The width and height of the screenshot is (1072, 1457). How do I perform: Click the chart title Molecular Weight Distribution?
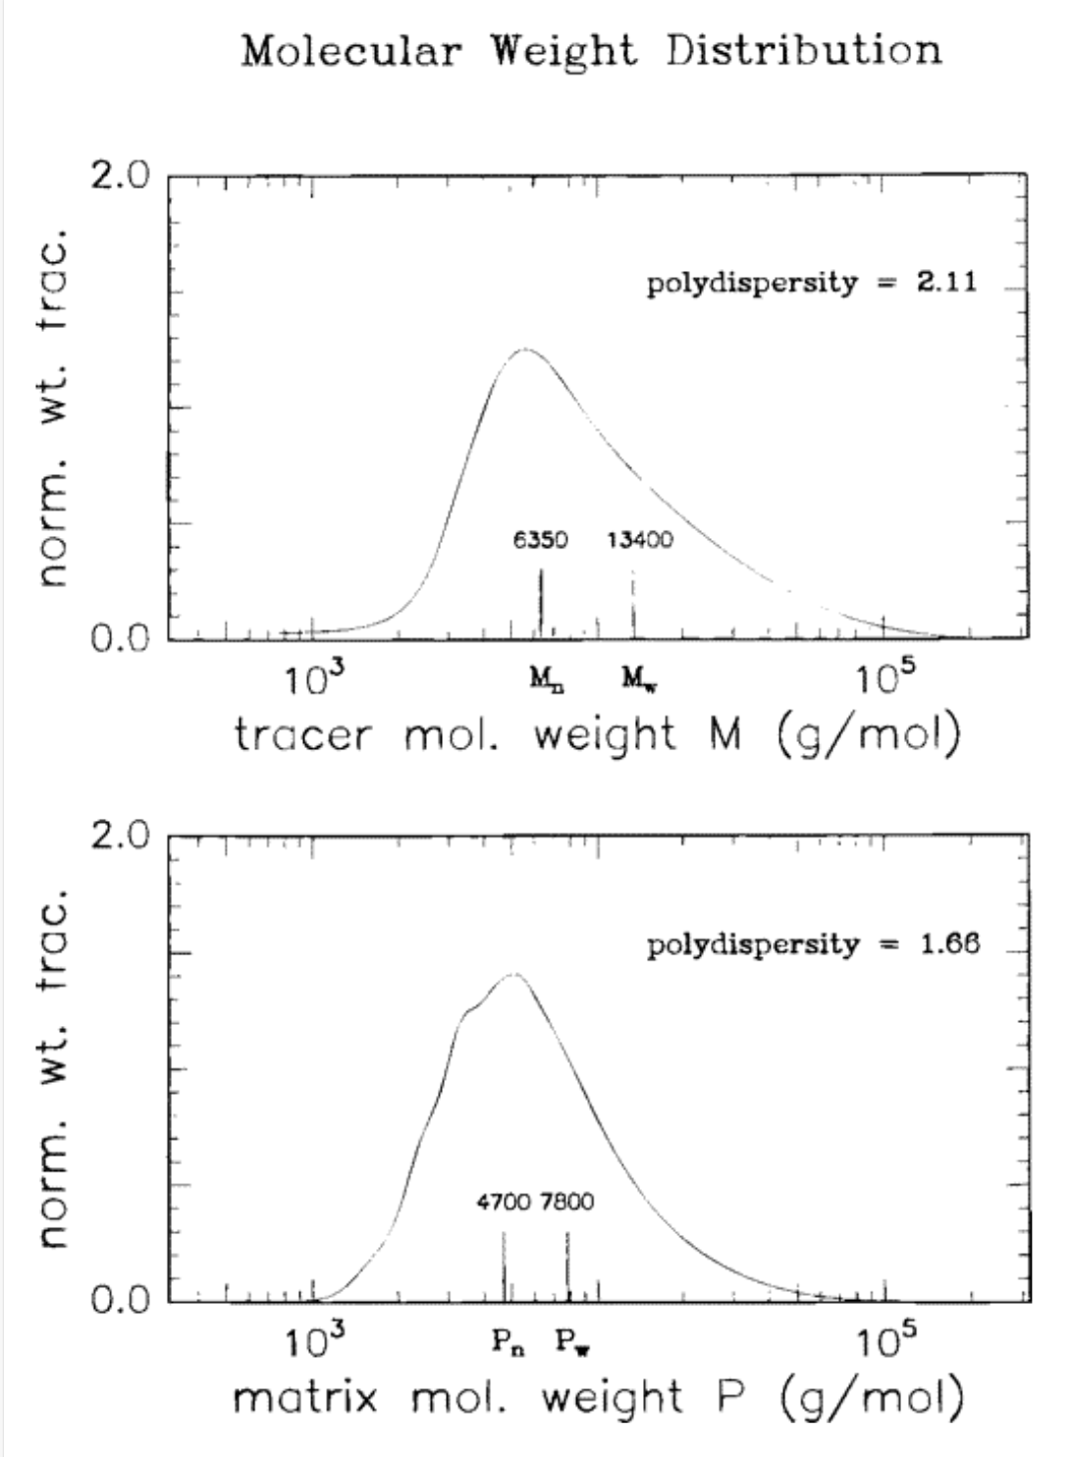point(592,50)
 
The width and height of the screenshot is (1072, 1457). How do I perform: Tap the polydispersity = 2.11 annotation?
point(811,283)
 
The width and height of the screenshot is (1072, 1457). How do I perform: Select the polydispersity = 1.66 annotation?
point(813,944)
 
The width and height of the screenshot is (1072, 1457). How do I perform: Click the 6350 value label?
point(540,540)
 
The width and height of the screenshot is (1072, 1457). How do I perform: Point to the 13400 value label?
point(640,540)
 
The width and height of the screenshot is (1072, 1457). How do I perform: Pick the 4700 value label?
point(504,1202)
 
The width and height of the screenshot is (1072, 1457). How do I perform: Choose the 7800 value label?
point(567,1202)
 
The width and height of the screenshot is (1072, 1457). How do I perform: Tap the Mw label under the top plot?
point(639,677)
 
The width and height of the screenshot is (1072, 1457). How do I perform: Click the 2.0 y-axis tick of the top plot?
point(120,176)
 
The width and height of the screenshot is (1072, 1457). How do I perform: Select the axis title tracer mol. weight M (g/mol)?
point(597,734)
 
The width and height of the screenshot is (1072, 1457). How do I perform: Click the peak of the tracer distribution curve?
point(526,349)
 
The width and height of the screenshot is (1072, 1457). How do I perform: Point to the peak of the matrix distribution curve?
point(513,974)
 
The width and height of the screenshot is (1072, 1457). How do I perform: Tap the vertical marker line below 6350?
point(541,603)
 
